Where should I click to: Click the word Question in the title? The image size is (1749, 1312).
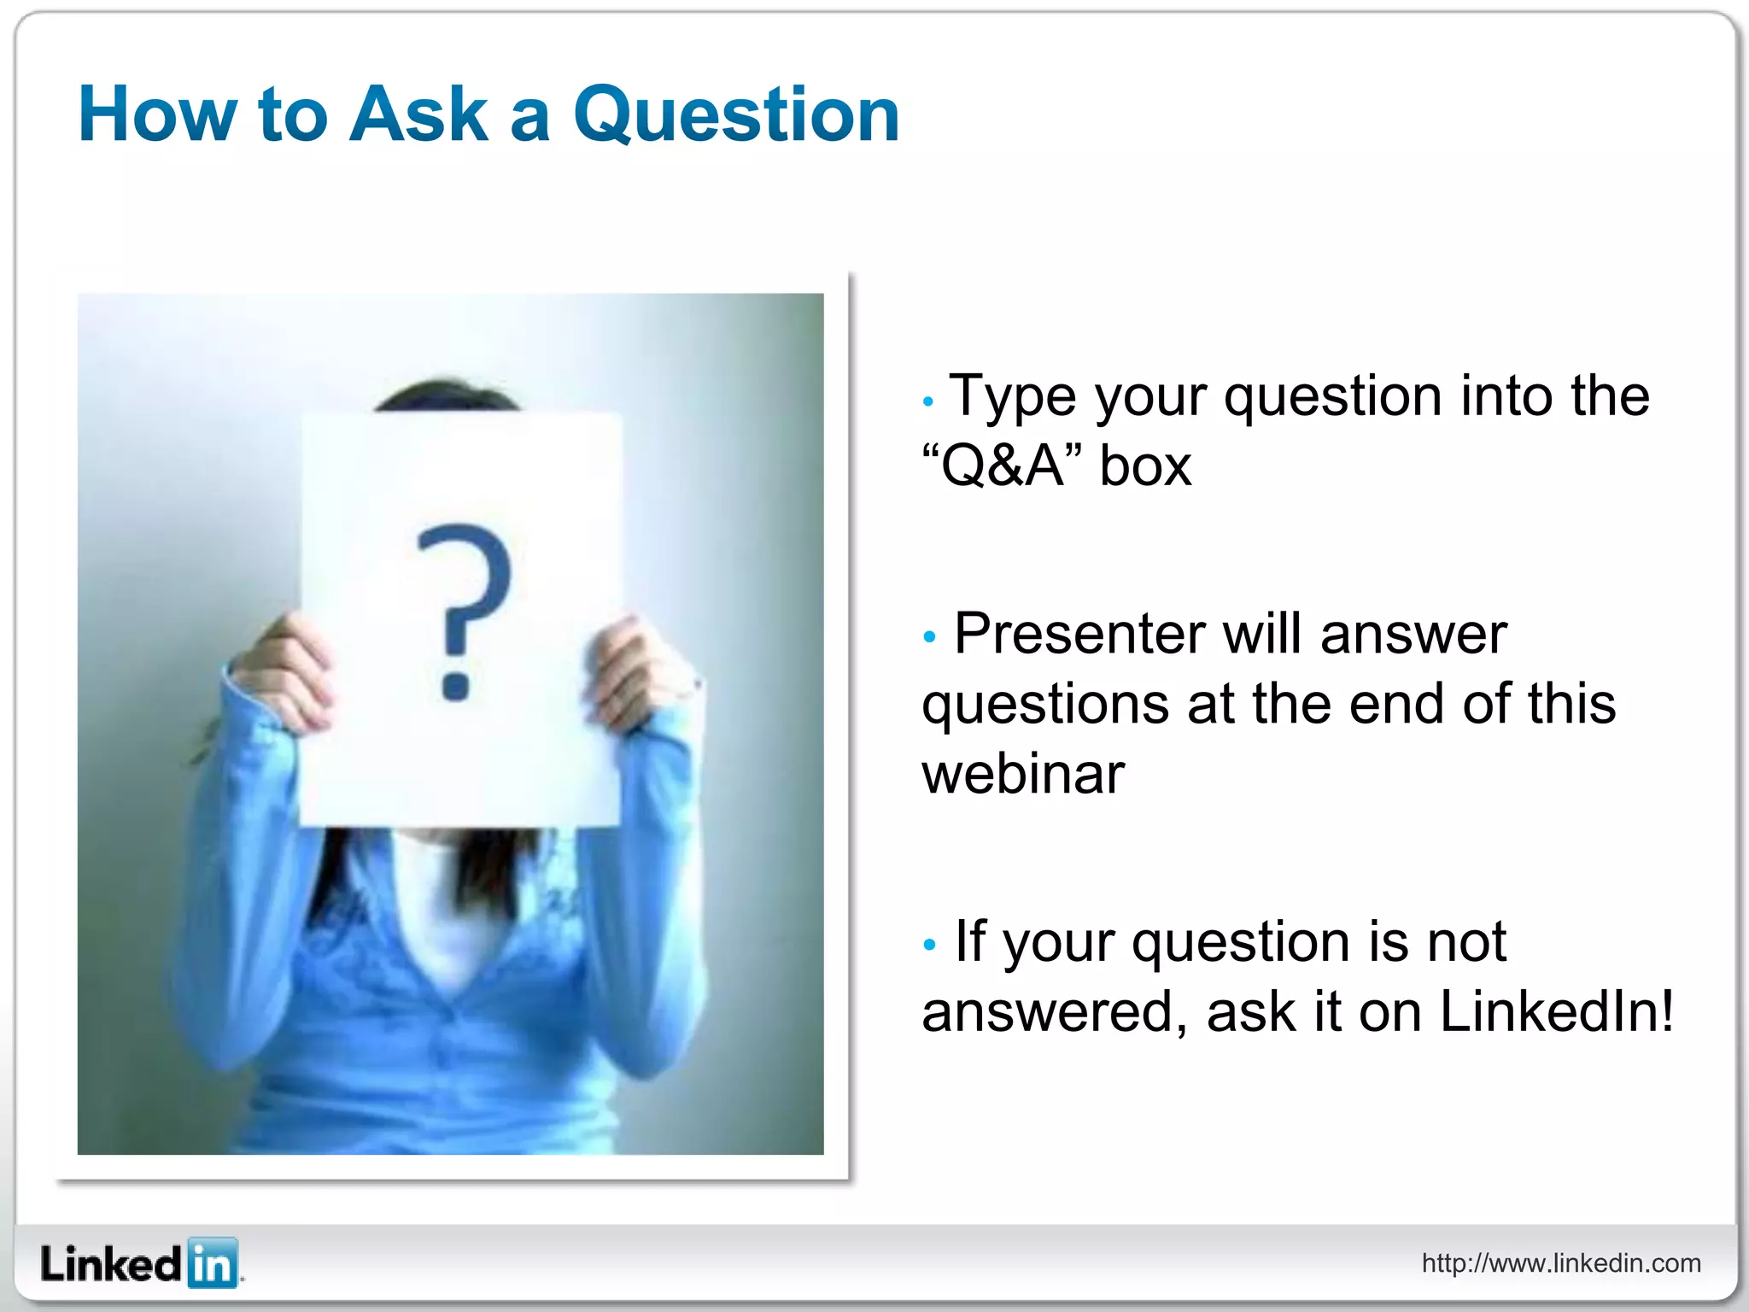pyautogui.click(x=736, y=115)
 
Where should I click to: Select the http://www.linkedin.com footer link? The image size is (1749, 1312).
pyautogui.click(x=1561, y=1263)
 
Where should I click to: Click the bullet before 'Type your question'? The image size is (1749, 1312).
pyautogui.click(x=928, y=401)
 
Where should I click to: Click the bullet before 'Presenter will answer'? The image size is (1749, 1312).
pyautogui.click(x=929, y=636)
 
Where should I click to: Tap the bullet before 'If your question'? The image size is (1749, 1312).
pyautogui.click(x=929, y=945)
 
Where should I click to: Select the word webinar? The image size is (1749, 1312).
pyautogui.click(x=1022, y=774)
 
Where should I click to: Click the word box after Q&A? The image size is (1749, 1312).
pyautogui.click(x=1144, y=466)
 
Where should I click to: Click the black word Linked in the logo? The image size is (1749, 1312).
pyautogui.click(x=111, y=1264)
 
